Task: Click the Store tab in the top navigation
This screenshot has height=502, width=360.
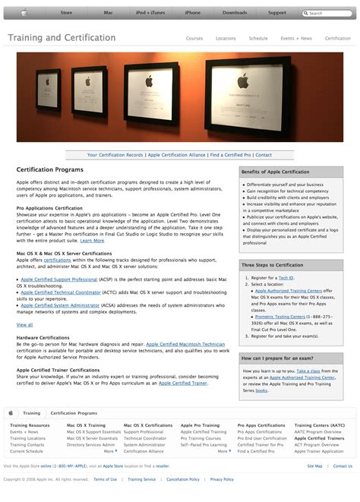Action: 66,13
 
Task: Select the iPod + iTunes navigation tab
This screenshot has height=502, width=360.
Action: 151,13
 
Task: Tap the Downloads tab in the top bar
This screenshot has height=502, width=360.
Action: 235,13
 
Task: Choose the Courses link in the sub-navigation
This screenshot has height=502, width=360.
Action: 194,38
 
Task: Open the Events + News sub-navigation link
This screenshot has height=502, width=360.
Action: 295,38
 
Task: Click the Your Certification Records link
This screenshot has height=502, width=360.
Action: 115,155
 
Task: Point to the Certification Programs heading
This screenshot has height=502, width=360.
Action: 50,170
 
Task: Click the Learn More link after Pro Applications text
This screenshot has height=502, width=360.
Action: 92,241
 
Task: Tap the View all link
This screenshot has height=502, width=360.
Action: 24,324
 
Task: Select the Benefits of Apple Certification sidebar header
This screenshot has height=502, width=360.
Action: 275,172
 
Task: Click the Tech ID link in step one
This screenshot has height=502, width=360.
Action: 286,278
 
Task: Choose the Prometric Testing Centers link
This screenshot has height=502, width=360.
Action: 279,317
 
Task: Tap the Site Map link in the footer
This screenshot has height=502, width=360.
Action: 314,466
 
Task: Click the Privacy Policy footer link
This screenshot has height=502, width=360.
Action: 222,479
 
